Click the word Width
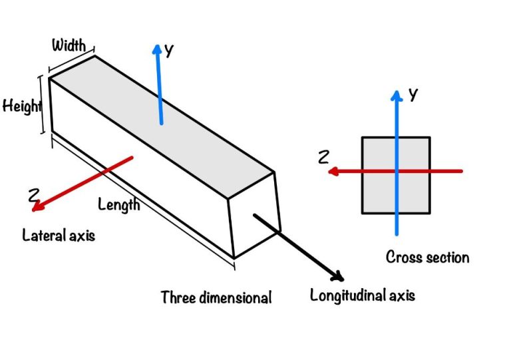point(69,45)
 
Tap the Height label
point(21,106)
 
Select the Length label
point(119,204)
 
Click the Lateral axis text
point(59,235)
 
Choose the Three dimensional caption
point(216,297)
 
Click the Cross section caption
point(427,257)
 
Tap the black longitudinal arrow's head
point(338,275)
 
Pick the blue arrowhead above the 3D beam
point(158,50)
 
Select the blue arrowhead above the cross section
point(397,95)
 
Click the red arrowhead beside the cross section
point(333,172)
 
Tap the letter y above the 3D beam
point(170,51)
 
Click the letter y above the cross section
point(413,94)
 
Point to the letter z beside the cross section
point(324,157)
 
